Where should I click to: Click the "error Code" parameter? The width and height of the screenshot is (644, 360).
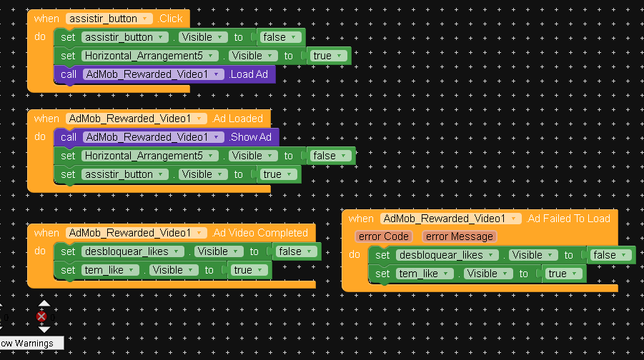coord(383,236)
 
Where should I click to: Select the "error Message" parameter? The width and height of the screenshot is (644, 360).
coord(459,236)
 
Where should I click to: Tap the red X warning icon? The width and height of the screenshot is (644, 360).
coord(42,316)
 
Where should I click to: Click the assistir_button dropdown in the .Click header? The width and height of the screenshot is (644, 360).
coord(109,19)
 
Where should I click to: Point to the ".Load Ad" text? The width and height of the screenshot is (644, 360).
coord(249,74)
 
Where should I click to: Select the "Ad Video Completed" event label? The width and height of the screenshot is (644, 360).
coord(260,233)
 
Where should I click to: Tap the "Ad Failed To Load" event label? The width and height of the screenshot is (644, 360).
coord(568,219)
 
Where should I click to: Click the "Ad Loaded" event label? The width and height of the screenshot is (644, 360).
coord(238,119)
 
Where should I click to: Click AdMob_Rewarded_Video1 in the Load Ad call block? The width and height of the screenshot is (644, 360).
coord(151,74)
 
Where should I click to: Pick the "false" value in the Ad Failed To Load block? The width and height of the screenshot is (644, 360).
coord(609,255)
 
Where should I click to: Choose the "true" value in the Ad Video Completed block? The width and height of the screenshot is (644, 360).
coord(248,270)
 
